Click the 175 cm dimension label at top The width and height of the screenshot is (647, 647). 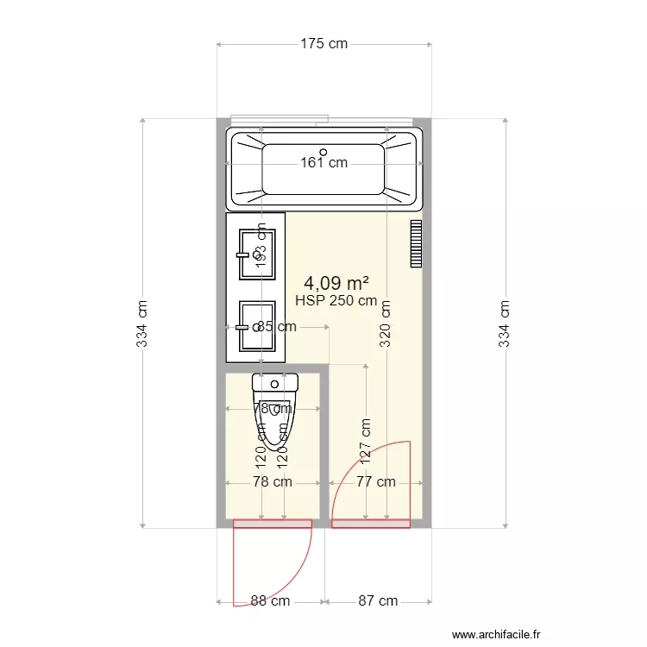tap(324, 44)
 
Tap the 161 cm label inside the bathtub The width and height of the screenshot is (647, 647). tap(324, 162)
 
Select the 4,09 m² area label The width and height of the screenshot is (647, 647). tap(336, 282)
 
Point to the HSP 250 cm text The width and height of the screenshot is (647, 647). tap(336, 301)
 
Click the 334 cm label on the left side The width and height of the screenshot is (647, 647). tap(142, 324)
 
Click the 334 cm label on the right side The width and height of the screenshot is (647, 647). tap(506, 324)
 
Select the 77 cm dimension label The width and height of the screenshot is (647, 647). tap(376, 482)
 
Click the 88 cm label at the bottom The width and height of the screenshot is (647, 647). tap(270, 601)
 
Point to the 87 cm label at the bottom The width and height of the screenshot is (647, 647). tap(378, 601)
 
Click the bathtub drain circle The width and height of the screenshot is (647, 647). tap(323, 152)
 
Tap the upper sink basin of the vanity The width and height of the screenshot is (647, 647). tap(258, 252)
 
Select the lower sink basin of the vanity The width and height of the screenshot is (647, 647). tap(258, 326)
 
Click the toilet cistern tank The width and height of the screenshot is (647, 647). tap(274, 382)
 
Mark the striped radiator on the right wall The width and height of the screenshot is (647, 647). tap(416, 244)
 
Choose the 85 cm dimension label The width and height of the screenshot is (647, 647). tap(276, 327)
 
